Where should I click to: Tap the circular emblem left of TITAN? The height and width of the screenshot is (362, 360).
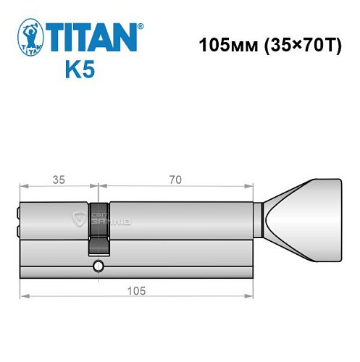click(x=29, y=38)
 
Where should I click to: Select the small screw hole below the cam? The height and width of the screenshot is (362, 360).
click(x=98, y=267)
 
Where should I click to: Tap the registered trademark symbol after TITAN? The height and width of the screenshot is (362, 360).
click(x=140, y=26)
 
